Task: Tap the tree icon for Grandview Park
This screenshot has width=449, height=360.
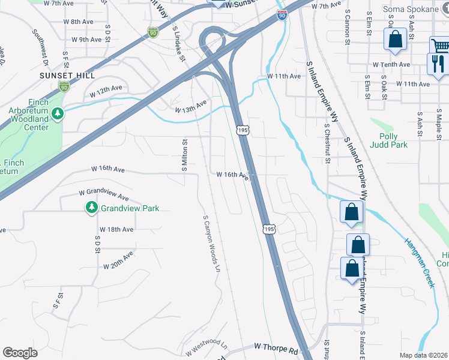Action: (x=92, y=208)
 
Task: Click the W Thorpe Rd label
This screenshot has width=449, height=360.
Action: (x=276, y=347)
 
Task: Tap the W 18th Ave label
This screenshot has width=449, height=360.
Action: (x=116, y=230)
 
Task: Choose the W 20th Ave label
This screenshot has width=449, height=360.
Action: (x=118, y=260)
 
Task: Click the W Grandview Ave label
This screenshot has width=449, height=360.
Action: (x=104, y=196)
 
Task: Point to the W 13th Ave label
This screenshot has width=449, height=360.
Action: (x=190, y=106)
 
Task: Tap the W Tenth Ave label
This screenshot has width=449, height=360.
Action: (x=391, y=64)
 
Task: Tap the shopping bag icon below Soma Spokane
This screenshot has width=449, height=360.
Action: (x=396, y=40)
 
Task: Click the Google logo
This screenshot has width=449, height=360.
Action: (x=20, y=353)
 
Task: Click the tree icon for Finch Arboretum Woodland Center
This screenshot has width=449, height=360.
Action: (x=58, y=113)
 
